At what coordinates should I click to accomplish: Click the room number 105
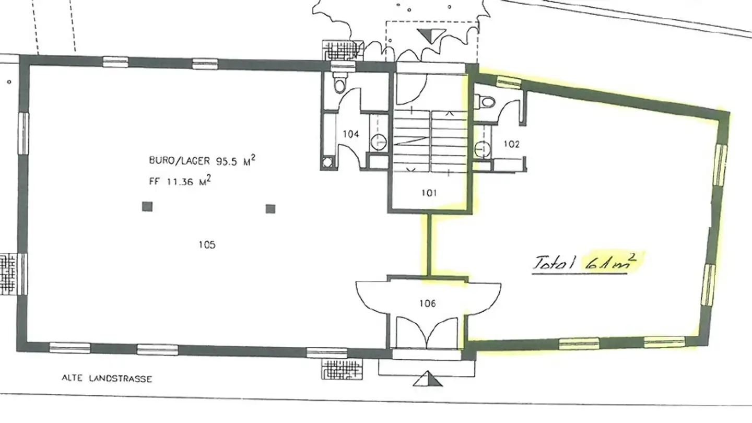coord(207,244)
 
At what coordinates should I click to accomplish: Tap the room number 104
coord(351,134)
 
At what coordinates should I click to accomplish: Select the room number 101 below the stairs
coord(428,193)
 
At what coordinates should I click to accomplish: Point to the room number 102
coord(511,145)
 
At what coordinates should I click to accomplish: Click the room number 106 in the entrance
coord(427,303)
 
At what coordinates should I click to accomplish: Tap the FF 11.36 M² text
coord(180,182)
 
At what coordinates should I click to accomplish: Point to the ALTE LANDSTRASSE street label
coord(107,379)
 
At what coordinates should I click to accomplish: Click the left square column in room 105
coord(147,207)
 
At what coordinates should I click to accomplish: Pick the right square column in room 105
coord(270,209)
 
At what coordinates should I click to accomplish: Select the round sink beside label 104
coord(380,140)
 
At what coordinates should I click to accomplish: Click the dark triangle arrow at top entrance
coord(428,36)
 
